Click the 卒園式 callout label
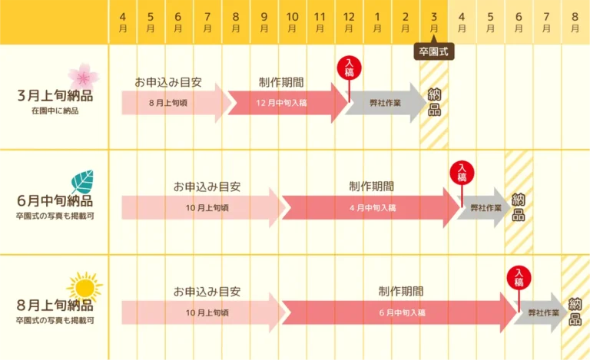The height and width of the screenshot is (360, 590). point(434,51)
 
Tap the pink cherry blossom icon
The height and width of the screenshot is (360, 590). point(83,77)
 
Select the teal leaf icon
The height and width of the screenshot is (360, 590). point(82,182)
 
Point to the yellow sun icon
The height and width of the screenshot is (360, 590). point(85,288)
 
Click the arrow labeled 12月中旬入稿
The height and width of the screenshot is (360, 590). point(288,103)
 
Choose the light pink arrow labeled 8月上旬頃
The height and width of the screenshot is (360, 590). point(176,103)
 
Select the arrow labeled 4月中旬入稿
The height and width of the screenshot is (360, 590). point(371,208)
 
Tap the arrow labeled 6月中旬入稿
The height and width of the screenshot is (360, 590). point(399,312)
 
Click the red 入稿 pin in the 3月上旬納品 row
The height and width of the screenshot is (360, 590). point(350,71)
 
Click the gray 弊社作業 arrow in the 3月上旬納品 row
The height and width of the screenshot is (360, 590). point(386,103)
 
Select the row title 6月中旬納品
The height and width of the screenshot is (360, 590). point(55,200)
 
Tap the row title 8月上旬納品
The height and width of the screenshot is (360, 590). point(55,306)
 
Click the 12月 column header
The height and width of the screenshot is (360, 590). point(349,22)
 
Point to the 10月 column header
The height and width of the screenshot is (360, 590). point(293,22)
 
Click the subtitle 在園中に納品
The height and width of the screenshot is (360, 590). point(55,111)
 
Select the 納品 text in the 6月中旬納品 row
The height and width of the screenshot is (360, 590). point(519,207)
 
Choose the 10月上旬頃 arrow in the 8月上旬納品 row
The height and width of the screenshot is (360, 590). point(204,312)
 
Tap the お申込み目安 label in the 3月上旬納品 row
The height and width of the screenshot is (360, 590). point(168,82)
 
